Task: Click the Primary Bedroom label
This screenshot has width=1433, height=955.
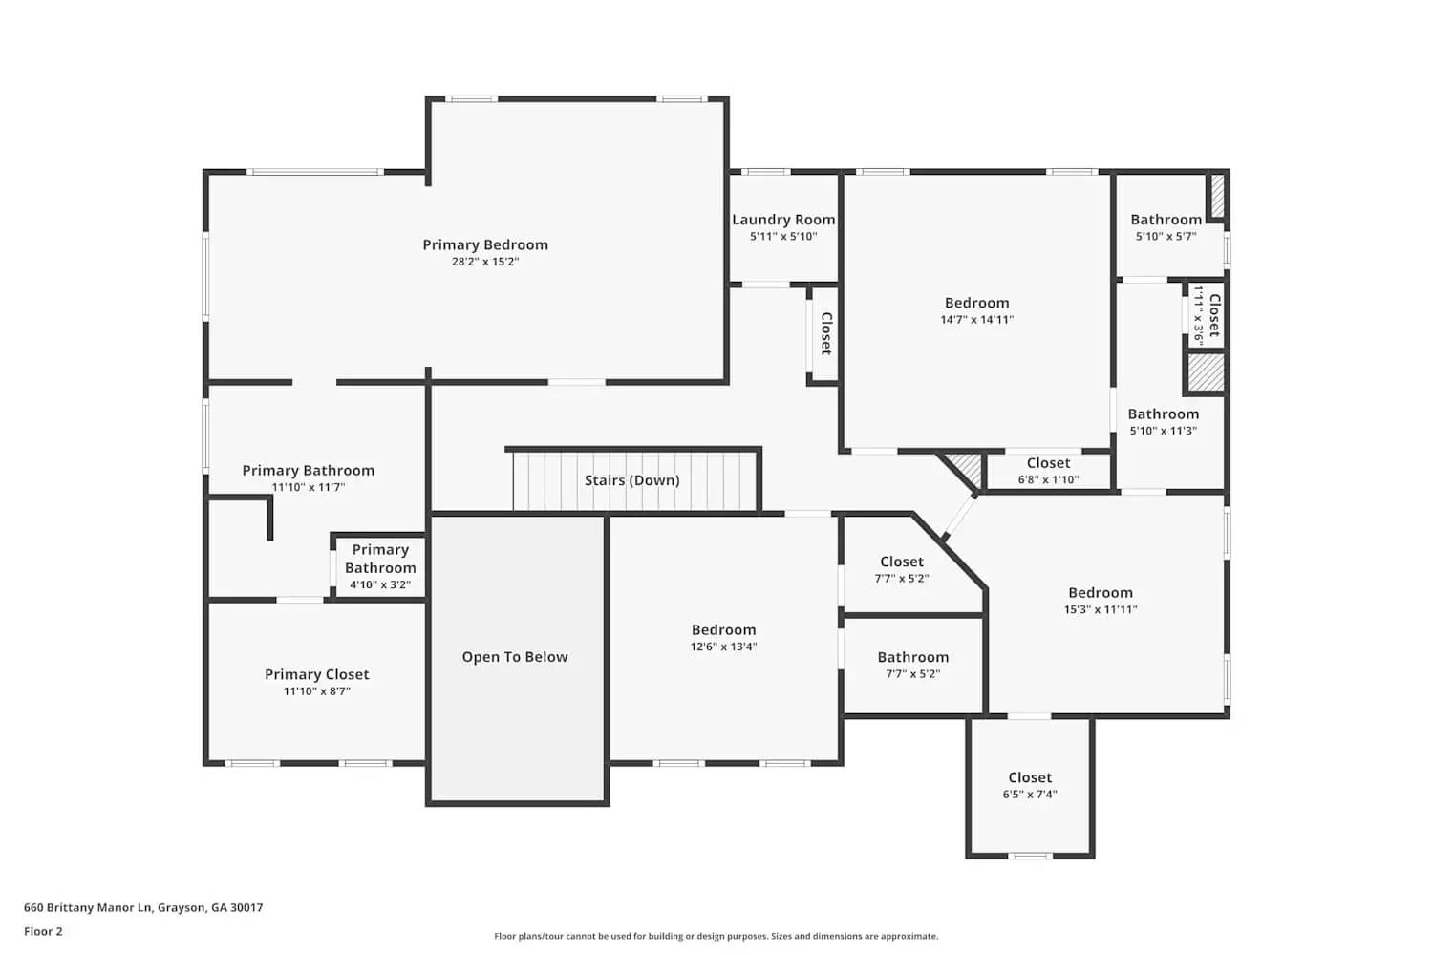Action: [485, 244]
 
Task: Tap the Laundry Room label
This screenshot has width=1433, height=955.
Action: [783, 220]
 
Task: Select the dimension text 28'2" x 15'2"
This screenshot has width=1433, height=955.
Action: [485, 262]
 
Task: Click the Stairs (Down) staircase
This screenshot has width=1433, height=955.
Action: [632, 480]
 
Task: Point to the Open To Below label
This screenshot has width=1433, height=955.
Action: [515, 657]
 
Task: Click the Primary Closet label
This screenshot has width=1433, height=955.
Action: [316, 674]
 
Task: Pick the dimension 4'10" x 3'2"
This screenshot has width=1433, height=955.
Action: [380, 584]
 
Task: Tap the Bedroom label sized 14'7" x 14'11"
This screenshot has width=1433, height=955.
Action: [976, 303]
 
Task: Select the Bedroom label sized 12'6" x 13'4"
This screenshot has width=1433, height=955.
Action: [723, 629]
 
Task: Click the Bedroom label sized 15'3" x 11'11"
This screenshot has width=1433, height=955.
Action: [1101, 592]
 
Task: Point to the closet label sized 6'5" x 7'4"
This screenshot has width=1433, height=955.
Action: [1030, 777]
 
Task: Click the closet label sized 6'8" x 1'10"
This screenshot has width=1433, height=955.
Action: [1048, 463]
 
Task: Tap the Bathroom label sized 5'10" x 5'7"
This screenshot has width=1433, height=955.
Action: [1166, 220]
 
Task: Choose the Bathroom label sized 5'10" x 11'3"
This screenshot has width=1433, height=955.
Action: [1163, 414]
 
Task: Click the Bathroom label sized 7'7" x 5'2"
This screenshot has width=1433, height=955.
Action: [912, 657]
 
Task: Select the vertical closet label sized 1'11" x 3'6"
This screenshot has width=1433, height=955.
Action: [1213, 315]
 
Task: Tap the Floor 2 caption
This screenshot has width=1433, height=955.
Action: [43, 931]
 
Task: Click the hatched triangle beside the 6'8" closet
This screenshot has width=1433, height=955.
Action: [967, 468]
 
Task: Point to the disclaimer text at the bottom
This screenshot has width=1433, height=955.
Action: [716, 936]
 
